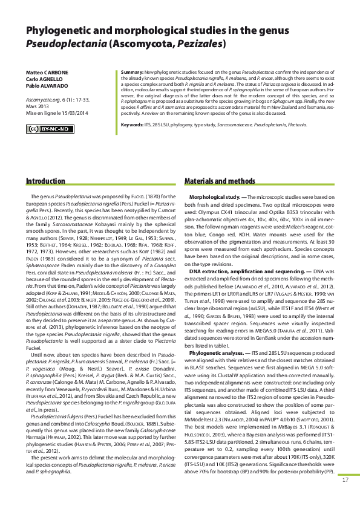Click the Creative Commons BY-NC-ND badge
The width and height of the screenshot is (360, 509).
50,129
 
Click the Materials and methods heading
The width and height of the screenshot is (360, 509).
220,181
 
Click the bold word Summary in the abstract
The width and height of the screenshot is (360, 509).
132,72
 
